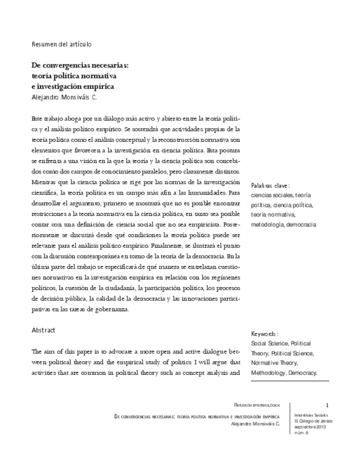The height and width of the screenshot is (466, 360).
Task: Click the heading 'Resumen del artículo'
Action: click(61, 44)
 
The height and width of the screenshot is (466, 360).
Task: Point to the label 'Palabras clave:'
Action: click(270, 185)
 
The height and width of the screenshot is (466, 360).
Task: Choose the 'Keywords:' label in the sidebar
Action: click(264, 334)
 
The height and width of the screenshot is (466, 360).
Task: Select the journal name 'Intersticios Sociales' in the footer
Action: click(311, 415)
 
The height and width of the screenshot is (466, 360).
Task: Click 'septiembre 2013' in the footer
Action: click(310, 427)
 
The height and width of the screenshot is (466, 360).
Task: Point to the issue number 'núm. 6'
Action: click(302, 433)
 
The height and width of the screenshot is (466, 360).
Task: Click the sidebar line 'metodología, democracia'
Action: click(284, 224)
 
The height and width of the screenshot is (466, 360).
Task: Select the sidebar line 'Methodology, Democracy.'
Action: click(284, 373)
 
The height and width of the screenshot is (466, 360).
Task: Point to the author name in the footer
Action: click(256, 424)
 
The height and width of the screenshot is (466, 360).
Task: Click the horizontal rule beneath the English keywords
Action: click(290, 381)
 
